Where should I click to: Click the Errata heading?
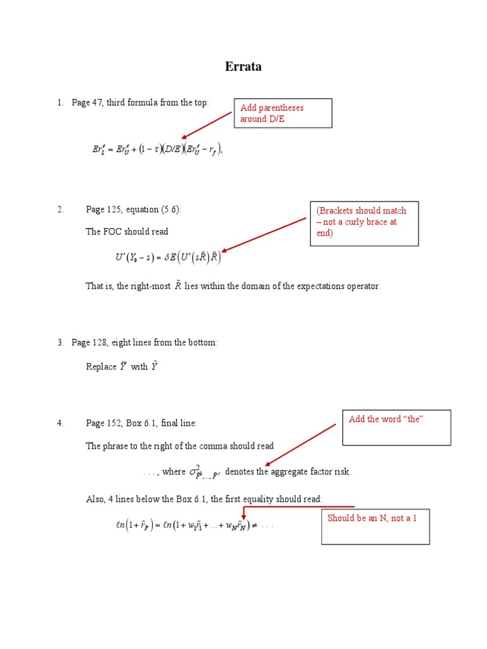point(243,67)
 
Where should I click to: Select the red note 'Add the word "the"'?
point(385,420)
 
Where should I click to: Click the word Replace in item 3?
point(101,366)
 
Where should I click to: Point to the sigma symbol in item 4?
point(195,472)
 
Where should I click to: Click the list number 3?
point(60,342)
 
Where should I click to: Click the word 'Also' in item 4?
point(95,499)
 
